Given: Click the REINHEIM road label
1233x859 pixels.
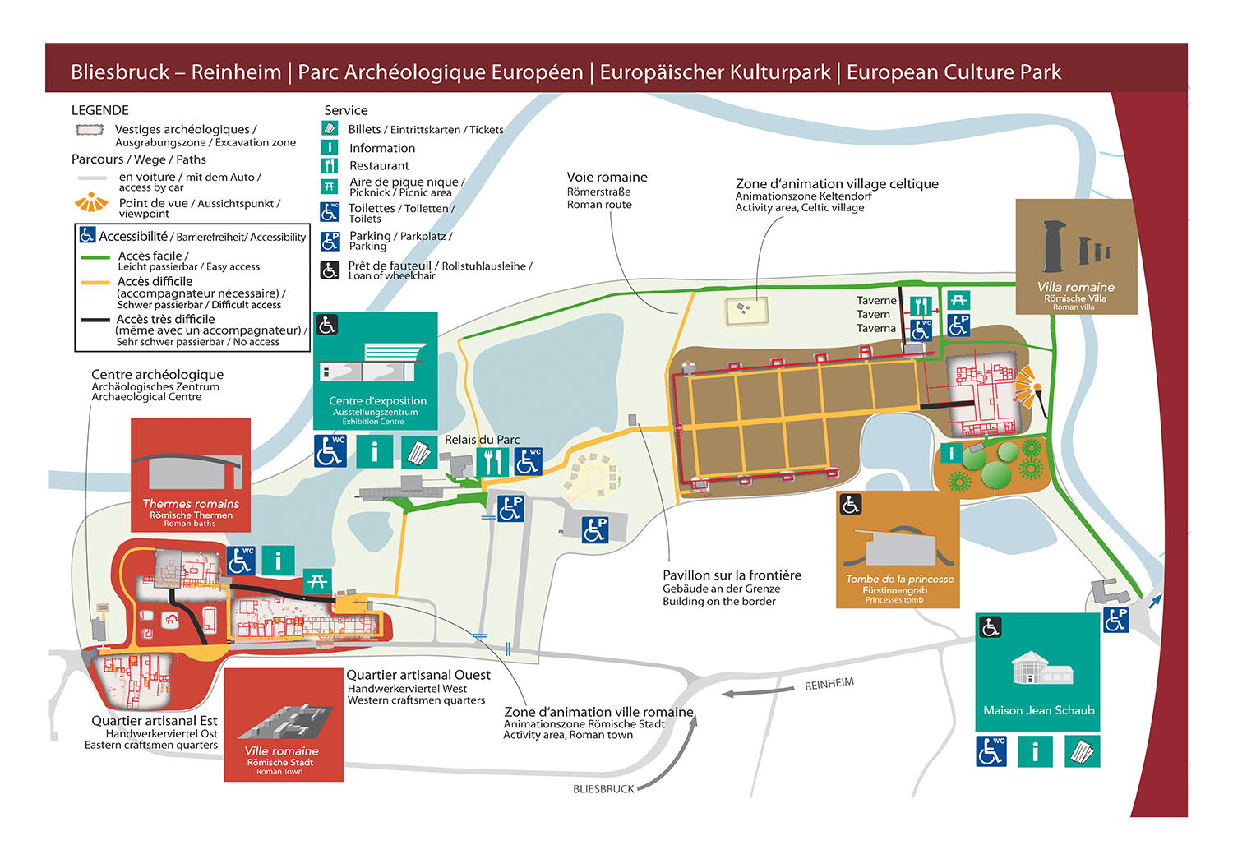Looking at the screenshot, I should [829, 684].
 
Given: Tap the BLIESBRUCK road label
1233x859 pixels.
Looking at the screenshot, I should [603, 789].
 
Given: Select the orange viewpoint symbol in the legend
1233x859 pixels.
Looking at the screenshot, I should [91, 202].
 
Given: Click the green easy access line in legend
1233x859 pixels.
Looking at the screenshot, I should [95, 257].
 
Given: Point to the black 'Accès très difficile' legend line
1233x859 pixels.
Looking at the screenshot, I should [95, 321].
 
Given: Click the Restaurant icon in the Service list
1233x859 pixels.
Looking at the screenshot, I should [330, 165].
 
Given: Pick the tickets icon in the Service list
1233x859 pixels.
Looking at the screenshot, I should [330, 128].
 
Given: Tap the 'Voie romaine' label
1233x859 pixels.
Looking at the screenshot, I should [607, 178].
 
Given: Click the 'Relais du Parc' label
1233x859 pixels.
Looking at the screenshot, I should [482, 440].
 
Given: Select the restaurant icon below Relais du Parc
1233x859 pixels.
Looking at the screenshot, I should [492, 461].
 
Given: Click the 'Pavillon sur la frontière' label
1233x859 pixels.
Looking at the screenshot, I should [732, 575].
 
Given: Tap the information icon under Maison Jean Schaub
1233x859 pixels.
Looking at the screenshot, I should [1035, 751].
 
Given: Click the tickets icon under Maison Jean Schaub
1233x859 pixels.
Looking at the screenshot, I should [1082, 751].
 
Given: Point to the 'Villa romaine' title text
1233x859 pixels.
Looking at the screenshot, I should [1075, 287].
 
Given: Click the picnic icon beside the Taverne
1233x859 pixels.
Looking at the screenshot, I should [958, 300].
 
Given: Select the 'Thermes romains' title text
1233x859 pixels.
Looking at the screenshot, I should [191, 504].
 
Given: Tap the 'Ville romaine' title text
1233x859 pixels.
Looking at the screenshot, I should [281, 751].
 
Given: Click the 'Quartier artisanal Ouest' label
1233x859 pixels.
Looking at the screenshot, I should [418, 675].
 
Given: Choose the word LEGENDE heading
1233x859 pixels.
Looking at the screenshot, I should [100, 110].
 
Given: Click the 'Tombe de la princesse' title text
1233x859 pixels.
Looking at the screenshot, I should [899, 579].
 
